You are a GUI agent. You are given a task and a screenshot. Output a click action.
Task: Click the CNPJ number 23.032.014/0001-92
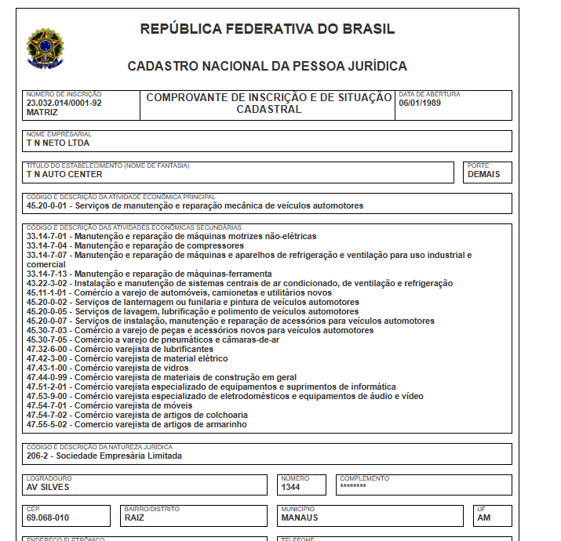[64, 103]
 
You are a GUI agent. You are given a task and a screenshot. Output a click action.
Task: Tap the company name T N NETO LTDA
[57, 143]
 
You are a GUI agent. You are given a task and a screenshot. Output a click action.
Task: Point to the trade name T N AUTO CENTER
[64, 175]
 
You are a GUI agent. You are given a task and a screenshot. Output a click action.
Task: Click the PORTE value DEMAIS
[483, 175]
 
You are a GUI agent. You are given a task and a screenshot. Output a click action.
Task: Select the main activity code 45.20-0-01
[48, 206]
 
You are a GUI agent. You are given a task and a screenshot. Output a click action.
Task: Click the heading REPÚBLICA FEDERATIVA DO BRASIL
[267, 30]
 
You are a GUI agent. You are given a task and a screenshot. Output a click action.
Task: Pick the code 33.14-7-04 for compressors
[48, 245]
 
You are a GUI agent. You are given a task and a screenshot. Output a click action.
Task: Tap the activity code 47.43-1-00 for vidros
[48, 368]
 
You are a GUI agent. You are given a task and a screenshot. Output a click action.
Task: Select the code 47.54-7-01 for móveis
[48, 405]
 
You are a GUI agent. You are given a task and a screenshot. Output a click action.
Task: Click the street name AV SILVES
[48, 487]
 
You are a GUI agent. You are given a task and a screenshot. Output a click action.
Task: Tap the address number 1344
[291, 487]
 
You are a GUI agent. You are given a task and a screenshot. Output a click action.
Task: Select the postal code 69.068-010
[48, 517]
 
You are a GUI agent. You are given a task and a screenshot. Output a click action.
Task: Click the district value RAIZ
[135, 517]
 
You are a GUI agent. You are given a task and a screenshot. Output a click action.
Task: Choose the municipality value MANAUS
[301, 517]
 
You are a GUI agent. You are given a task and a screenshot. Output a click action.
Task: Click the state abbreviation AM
[483, 517]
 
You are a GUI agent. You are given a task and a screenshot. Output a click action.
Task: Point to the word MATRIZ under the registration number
[42, 112]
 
